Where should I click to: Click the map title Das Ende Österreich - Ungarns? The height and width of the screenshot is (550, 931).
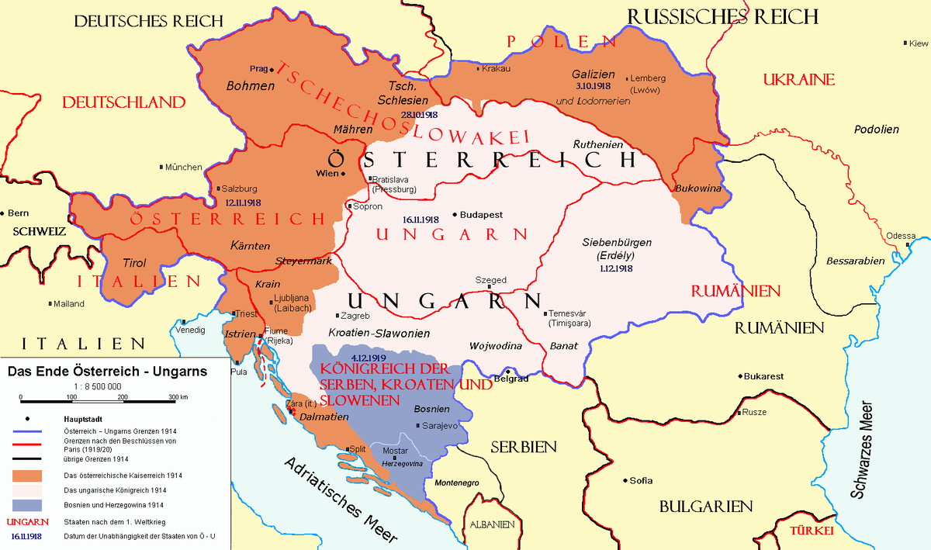(x=107, y=371)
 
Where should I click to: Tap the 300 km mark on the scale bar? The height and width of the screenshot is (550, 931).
(x=178, y=396)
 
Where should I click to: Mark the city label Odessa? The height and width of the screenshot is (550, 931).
(x=901, y=236)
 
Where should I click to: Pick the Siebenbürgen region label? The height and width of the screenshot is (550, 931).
(x=617, y=242)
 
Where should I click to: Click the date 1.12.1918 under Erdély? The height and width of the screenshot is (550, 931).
(x=616, y=268)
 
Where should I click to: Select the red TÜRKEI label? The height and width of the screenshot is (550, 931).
(x=811, y=531)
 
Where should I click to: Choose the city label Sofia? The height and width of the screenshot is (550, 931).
(x=641, y=480)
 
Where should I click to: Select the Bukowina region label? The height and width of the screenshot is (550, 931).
(x=698, y=189)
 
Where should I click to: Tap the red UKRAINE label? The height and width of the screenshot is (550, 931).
(x=798, y=79)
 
